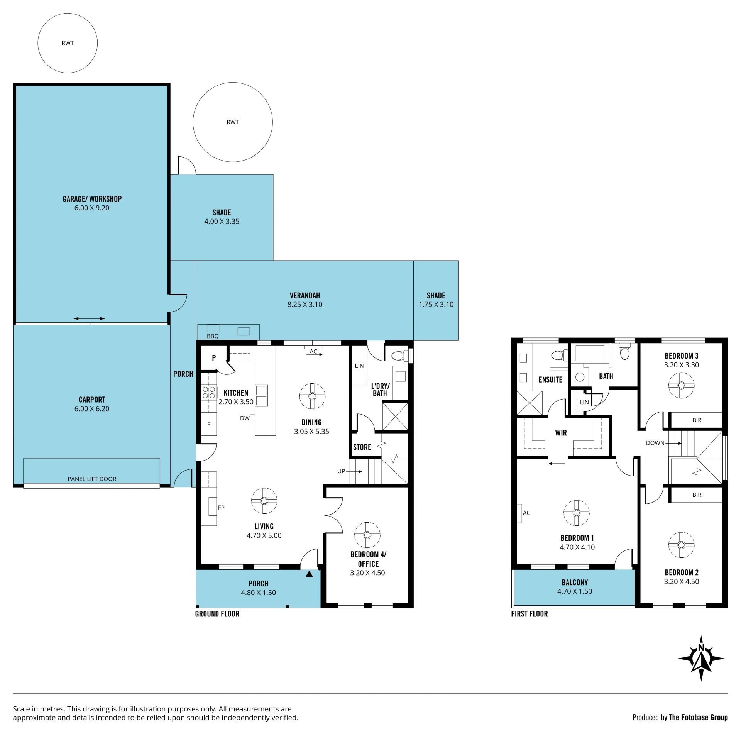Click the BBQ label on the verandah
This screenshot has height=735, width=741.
[213, 336]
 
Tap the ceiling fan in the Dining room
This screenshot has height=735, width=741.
[312, 396]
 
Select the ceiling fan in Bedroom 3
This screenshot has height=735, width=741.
[681, 386]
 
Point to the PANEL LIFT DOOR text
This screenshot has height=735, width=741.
[92, 479]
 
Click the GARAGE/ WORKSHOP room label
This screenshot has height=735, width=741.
[92, 199]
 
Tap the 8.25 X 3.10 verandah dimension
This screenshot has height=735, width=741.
[305, 304]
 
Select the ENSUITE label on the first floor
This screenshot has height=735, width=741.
[550, 379]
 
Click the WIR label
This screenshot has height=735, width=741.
[561, 433]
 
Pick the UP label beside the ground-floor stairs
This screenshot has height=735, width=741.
[341, 471]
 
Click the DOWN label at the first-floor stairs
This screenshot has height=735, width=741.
[655, 443]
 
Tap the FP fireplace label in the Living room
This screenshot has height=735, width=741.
[221, 508]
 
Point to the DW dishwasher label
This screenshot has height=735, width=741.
[245, 418]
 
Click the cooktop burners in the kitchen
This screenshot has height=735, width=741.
[209, 393]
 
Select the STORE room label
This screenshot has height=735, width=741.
[362, 447]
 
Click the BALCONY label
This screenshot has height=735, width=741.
[575, 582]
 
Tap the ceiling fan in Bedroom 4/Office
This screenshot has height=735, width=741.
[367, 535]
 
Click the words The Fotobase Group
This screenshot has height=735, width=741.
[698, 717]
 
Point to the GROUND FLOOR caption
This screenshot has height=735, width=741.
[217, 614]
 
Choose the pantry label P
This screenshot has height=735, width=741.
[214, 358]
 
